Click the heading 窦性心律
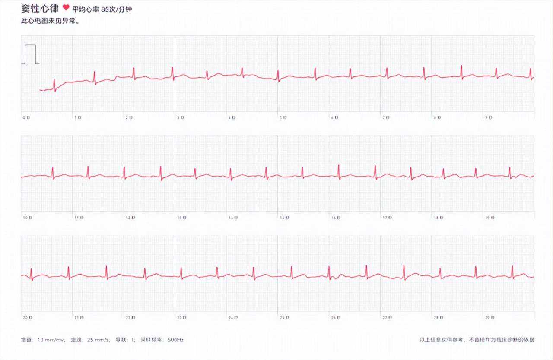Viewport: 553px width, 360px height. click(40, 9)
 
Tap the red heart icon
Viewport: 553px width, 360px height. click(66, 8)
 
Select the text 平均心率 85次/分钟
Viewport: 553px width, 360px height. click(102, 9)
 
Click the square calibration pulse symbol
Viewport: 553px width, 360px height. click(30, 54)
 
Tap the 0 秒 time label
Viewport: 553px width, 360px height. click(25, 117)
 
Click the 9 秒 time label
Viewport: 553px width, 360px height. click(488, 117)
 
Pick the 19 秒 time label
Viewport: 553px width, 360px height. click(489, 218)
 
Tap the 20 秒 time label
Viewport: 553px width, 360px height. click(27, 318)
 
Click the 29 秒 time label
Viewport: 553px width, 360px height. click(489, 318)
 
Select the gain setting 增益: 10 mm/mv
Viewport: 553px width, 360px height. click(43, 340)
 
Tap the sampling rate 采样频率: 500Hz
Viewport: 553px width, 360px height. click(162, 340)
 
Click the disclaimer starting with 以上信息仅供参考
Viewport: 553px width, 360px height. click(477, 340)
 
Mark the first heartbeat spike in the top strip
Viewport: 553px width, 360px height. click(54, 83)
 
